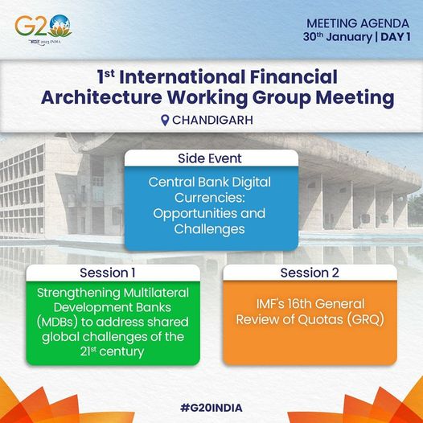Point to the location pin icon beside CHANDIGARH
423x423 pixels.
pyautogui.click(x=165, y=121)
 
